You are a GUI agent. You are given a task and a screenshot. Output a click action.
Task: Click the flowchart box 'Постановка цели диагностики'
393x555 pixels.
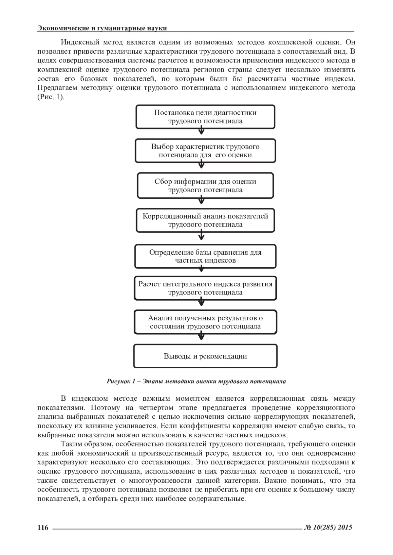tap(205, 117)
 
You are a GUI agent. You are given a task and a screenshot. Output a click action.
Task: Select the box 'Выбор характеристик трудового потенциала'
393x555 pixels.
tap(205, 151)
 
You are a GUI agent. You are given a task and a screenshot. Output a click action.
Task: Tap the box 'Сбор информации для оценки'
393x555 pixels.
tap(205, 186)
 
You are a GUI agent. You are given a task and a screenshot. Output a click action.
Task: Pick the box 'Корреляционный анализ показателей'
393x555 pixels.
tap(205, 220)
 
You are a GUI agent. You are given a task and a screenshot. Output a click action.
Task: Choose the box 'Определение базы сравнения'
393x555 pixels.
tap(205, 256)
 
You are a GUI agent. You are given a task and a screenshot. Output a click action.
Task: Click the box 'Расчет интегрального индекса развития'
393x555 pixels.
tap(205, 288)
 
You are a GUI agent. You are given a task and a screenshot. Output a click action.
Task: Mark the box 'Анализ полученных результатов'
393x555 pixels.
tap(205, 322)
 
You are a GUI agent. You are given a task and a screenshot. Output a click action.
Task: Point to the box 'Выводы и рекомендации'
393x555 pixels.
tap(205, 356)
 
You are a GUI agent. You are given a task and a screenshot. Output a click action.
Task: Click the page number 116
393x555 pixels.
tap(43, 527)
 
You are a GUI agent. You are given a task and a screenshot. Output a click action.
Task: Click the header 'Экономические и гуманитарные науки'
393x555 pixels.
tap(102, 28)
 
